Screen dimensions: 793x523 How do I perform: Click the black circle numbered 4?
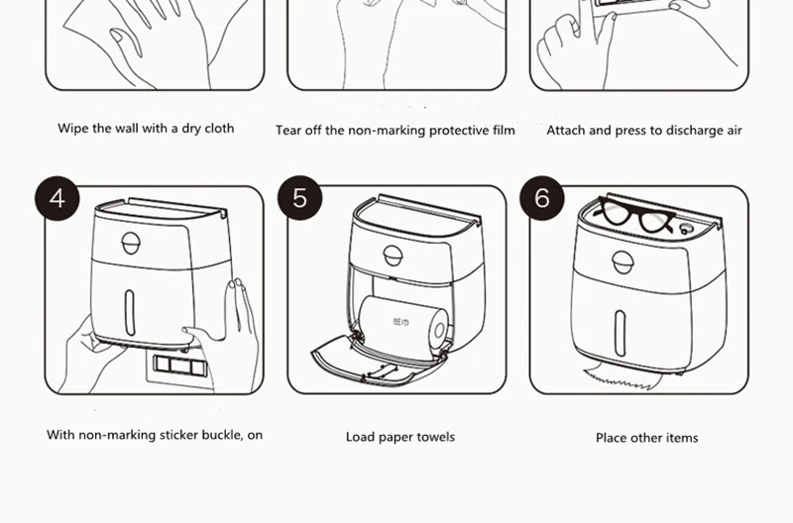(57, 198)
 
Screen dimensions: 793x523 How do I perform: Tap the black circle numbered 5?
(300, 197)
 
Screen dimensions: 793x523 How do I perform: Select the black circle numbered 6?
(542, 197)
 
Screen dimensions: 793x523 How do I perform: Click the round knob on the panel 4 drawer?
(131, 243)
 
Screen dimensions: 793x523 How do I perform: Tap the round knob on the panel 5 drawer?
(393, 256)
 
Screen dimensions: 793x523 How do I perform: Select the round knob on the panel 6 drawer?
(623, 262)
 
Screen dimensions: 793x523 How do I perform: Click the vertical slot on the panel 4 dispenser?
(130, 312)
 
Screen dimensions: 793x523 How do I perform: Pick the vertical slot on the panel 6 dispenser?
(621, 333)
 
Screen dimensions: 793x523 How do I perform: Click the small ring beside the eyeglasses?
(685, 229)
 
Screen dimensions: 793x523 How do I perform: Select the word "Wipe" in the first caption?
(69, 129)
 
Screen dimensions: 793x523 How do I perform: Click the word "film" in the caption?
(504, 131)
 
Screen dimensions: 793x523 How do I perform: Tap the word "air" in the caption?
(735, 131)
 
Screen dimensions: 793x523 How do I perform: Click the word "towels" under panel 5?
(437, 437)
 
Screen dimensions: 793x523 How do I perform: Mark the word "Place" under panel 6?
(610, 438)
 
